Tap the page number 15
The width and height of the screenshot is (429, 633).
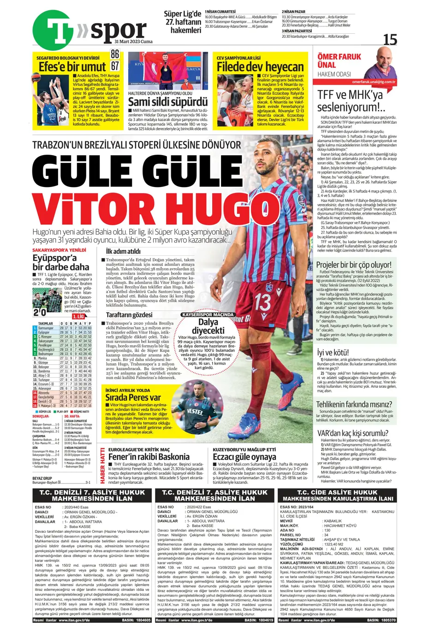coord(390,40)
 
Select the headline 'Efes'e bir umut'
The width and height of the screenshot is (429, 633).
coord(72,66)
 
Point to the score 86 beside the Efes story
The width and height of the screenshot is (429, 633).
coord(114,54)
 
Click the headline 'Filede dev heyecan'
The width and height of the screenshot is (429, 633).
coord(260,67)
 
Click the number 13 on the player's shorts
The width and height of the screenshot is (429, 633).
coord(263,303)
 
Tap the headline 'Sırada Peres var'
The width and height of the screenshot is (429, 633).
coord(133,397)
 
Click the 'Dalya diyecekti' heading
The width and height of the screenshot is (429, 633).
coord(208,326)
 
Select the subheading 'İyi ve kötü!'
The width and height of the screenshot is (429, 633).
coord(333,352)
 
